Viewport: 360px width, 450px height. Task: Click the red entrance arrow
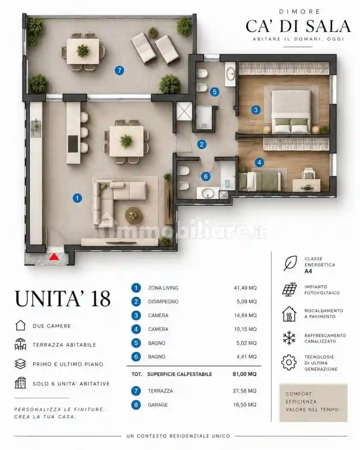tap(54, 257)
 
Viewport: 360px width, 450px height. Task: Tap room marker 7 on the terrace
tap(120, 70)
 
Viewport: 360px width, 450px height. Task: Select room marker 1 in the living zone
tap(77, 198)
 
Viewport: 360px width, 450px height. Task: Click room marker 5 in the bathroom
tap(215, 92)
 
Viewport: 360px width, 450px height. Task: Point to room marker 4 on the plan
tap(259, 162)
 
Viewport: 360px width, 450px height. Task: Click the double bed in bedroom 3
tap(291, 112)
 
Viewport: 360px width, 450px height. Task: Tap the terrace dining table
tap(83, 51)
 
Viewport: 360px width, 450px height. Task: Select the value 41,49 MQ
tap(245, 288)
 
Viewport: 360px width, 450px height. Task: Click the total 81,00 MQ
tap(245, 374)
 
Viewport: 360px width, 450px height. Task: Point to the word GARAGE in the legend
tap(158, 405)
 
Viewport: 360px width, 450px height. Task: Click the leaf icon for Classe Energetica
tap(290, 264)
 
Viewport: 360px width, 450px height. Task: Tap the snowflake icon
tap(289, 338)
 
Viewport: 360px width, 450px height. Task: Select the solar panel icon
tap(289, 290)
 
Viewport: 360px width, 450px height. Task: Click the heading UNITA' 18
tap(63, 299)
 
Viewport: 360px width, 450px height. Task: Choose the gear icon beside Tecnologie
tap(289, 363)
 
